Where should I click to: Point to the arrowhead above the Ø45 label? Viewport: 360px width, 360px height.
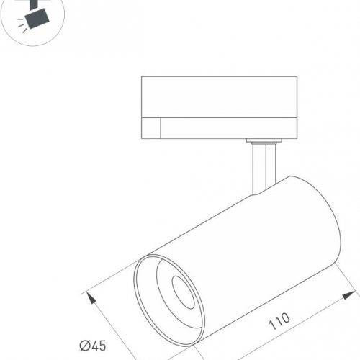click(x=89, y=296)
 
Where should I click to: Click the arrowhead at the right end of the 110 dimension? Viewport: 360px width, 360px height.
click(x=352, y=294)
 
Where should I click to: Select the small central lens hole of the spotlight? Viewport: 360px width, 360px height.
click(x=179, y=292)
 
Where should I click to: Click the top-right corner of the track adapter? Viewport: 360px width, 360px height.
click(x=297, y=76)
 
